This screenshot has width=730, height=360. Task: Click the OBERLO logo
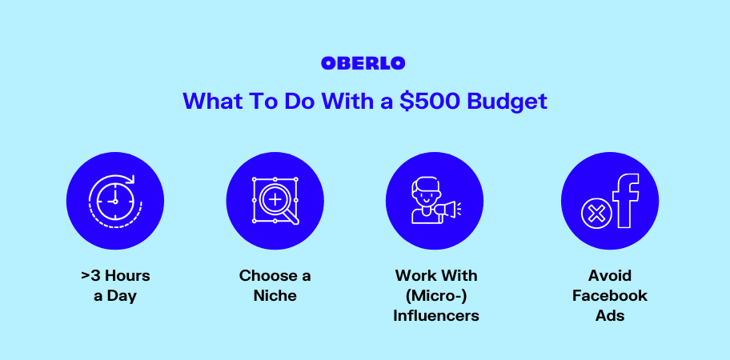tap(363, 63)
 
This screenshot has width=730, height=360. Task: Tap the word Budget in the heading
tap(507, 102)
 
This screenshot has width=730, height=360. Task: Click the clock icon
tap(115, 201)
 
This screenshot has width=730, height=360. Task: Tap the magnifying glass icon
tap(275, 201)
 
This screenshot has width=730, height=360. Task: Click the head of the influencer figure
tap(426, 193)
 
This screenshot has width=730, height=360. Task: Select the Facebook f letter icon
tap(626, 201)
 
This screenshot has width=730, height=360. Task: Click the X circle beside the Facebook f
tap(596, 214)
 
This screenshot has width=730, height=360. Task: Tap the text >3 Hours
tap(115, 275)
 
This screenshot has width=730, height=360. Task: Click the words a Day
tap(115, 296)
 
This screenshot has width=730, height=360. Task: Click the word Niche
tap(275, 295)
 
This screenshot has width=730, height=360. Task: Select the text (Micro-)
tap(436, 296)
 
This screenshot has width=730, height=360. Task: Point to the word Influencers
tap(436, 315)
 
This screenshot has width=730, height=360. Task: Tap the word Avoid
tap(610, 275)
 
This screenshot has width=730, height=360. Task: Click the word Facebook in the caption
tap(610, 295)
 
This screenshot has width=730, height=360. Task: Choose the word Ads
tap(610, 315)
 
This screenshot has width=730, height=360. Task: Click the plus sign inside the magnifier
tap(275, 199)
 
